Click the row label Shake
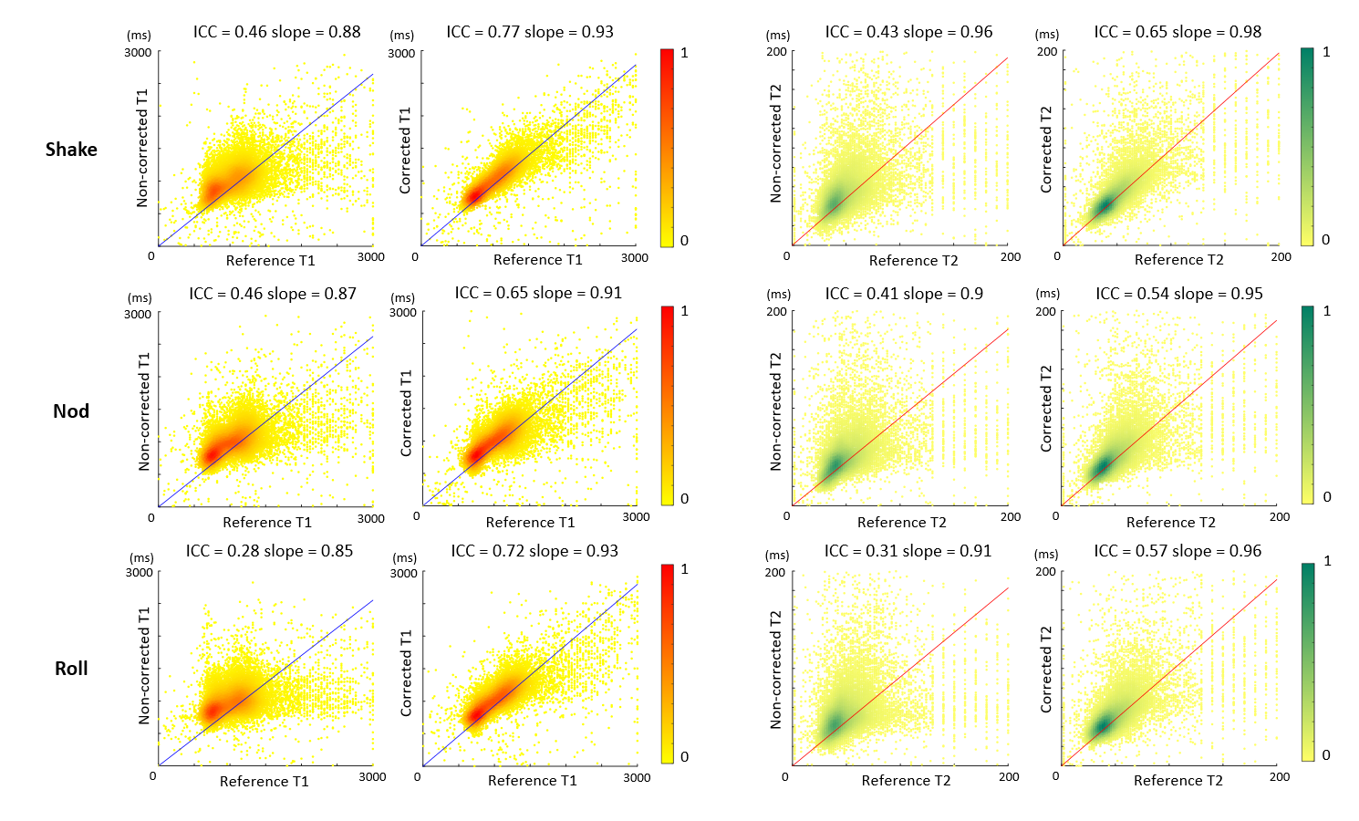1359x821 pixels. pos(71,150)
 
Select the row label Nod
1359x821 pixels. pos(71,411)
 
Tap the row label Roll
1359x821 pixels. pos(71,669)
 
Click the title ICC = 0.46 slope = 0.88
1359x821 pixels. pos(276,32)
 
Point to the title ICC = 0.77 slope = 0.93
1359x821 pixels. pos(529,32)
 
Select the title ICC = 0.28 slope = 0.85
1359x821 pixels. pos(269,551)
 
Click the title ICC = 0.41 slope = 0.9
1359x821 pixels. pos(904,294)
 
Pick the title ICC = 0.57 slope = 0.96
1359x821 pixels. pos(1177,551)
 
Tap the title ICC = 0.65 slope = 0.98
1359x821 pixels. pos(1177,32)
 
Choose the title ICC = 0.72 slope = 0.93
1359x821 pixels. pos(534,551)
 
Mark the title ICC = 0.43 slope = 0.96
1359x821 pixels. pos(908,32)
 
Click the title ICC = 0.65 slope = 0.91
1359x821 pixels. pos(538,293)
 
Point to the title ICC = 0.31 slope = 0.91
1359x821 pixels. pos(908,551)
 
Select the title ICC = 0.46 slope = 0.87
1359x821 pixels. pos(273,294)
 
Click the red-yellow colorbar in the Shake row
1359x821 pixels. pos(667,148)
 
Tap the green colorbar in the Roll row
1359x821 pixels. pos(1308,662)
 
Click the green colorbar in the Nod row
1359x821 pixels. pos(1308,405)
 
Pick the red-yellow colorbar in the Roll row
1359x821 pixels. pos(667,663)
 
